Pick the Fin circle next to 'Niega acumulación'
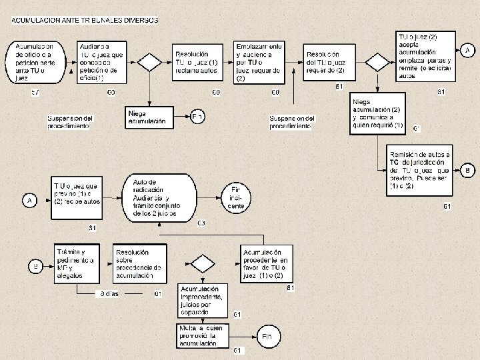click(197, 117)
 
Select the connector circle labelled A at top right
click(467, 51)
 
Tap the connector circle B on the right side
click(467, 169)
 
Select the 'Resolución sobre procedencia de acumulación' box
click(137, 263)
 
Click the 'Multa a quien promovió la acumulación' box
click(203, 335)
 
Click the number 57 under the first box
click(36, 91)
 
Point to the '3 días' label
click(109, 293)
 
